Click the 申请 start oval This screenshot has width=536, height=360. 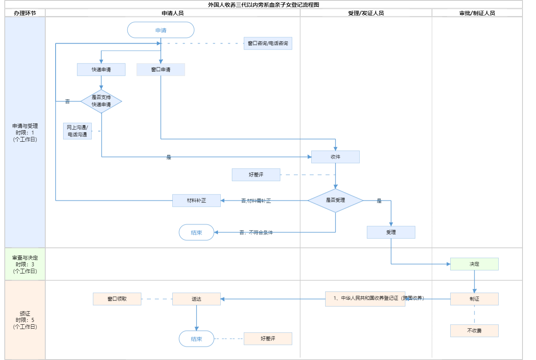point(161,30)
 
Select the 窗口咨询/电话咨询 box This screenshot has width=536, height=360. point(268,43)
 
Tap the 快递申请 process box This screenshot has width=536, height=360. point(101,69)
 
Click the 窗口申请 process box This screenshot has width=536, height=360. point(161,69)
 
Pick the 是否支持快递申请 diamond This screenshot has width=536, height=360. point(101,101)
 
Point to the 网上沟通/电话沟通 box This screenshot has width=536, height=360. point(77,131)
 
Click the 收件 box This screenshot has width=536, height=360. point(335,157)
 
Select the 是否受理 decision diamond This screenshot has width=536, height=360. point(335,200)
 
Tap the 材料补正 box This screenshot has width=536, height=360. point(197,200)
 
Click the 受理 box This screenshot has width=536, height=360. point(391,232)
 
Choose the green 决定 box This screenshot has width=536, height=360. point(474,264)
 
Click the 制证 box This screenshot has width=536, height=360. point(474,299)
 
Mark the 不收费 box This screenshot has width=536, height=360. point(474,331)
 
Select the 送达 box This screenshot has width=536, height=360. point(197,299)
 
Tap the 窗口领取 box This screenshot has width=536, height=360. point(117,299)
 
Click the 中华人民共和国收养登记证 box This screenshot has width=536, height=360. point(365,299)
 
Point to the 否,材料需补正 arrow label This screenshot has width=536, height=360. point(256,201)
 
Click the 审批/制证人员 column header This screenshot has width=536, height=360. point(477,13)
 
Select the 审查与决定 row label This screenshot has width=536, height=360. point(25,264)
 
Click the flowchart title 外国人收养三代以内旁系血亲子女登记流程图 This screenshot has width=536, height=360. point(264,5)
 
